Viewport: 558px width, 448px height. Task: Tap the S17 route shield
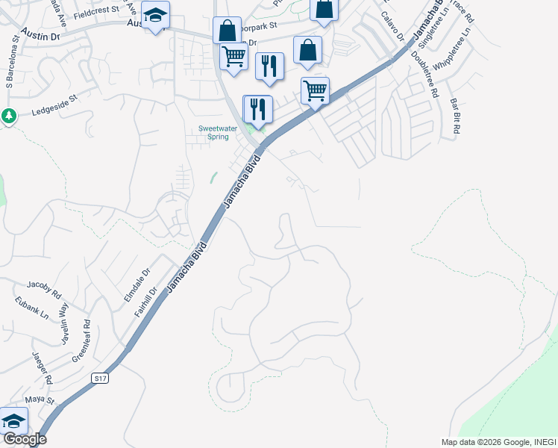pyautogui.click(x=101, y=379)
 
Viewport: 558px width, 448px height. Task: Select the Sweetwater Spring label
pyautogui.click(x=218, y=132)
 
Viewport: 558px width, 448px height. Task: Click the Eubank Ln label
pyautogui.click(x=31, y=308)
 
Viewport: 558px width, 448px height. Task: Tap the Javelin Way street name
pyautogui.click(x=63, y=322)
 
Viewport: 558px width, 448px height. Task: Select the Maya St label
pyautogui.click(x=42, y=402)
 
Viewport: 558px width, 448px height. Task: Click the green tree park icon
pyautogui.click(x=9, y=116)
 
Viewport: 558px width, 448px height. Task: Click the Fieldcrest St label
pyautogui.click(x=95, y=10)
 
